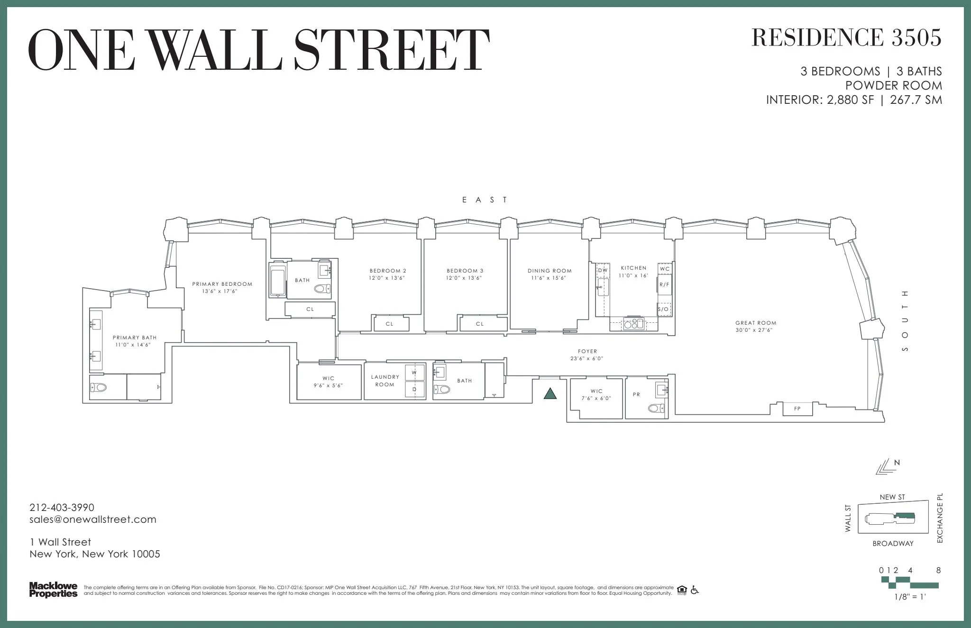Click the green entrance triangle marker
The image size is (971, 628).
click(x=550, y=393)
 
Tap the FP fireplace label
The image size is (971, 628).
click(x=797, y=409)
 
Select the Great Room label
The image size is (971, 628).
click(x=756, y=323)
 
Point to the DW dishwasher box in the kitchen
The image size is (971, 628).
click(x=603, y=270)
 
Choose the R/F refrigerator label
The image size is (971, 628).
click(x=664, y=285)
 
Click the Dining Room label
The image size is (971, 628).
click(x=550, y=271)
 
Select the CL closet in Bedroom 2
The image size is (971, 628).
click(x=390, y=324)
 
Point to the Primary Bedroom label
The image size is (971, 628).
click(x=222, y=284)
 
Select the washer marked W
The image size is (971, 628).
click(x=414, y=373)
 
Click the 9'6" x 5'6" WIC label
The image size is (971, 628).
click(x=328, y=385)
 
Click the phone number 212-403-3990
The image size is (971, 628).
click(x=62, y=508)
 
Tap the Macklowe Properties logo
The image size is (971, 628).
click(x=53, y=590)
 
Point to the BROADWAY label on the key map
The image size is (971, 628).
click(x=893, y=544)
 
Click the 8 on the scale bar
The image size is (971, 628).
click(x=938, y=570)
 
